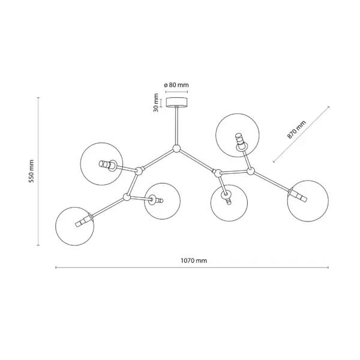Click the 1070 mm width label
click(x=194, y=260)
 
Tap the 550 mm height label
click(x=31, y=171)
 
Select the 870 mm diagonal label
click(x=296, y=130)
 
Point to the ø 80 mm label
click(x=176, y=85)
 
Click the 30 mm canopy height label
click(x=156, y=103)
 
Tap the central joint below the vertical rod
click(x=176, y=149)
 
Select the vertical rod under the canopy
click(x=176, y=126)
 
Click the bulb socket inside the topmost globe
click(x=240, y=141)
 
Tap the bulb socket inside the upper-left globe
click(x=107, y=164)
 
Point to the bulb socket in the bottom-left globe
click(x=83, y=220)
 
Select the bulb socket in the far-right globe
click(x=298, y=195)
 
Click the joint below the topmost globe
click(x=250, y=171)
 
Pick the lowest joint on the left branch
click(x=127, y=197)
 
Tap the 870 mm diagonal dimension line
click(x=301, y=134)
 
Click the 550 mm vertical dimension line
click(x=38, y=171)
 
